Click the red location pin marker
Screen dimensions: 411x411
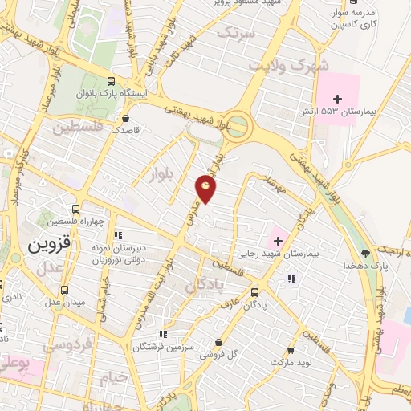206,189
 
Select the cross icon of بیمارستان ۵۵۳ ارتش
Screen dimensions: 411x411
338,98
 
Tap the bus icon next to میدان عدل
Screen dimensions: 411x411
64,290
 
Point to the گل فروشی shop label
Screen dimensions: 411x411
224,353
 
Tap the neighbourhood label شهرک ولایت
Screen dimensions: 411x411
279,65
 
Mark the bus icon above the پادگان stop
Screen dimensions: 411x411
255,292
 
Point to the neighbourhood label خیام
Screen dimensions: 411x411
115,376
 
